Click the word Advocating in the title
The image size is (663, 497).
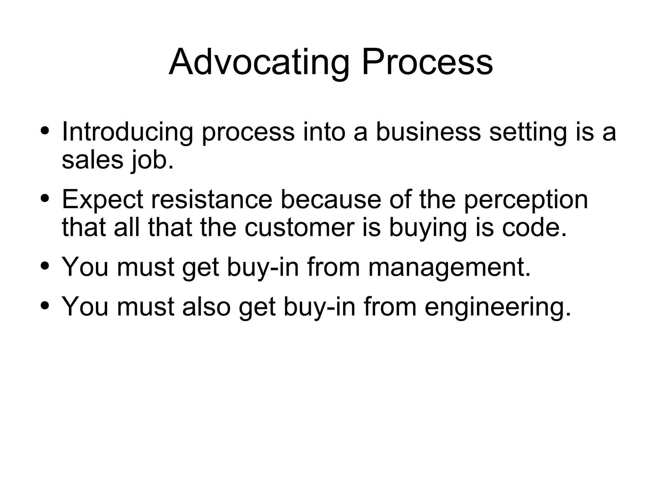pos(259,62)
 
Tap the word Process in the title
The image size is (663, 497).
pos(427,62)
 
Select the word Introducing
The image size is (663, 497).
pos(128,132)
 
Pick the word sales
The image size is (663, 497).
pos(93,160)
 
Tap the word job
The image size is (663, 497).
pos(152,161)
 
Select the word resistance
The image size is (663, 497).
pos(212,199)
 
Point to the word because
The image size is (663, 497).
pos(331,199)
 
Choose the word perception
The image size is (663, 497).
pos(526,200)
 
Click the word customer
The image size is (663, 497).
pos(299,228)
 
